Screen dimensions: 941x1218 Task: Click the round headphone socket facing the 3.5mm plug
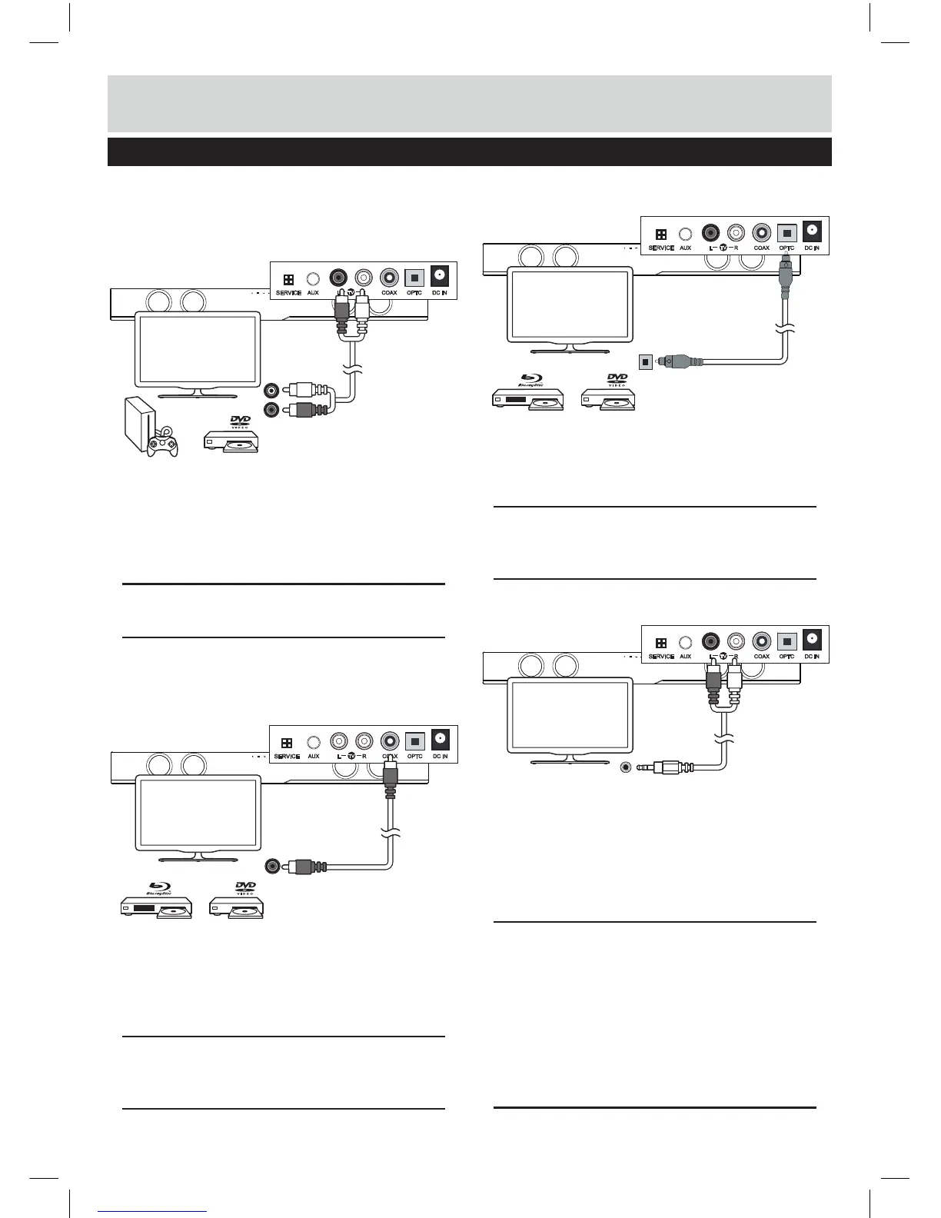tap(627, 767)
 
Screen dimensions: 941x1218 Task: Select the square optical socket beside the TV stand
tap(647, 360)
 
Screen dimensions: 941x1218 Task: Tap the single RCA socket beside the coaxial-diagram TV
tap(271, 866)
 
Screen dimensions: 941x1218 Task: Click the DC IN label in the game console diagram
tap(438, 293)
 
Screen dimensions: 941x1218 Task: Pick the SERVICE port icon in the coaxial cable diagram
tap(287, 743)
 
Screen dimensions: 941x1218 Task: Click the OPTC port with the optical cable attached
tap(786, 232)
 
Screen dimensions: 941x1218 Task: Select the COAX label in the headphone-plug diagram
tap(761, 657)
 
